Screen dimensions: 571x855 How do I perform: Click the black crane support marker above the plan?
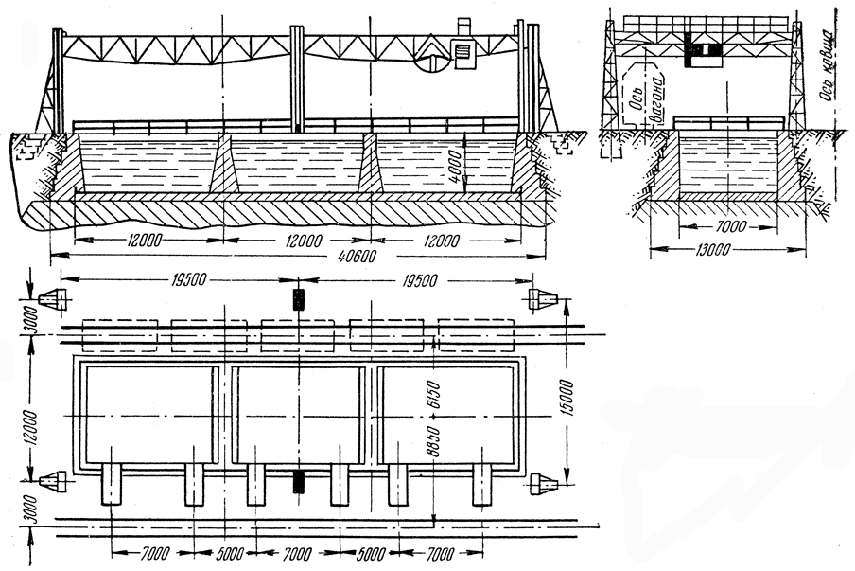[299, 299]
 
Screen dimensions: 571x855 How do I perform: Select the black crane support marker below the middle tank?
[299, 481]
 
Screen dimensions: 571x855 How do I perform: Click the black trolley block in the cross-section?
[698, 51]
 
